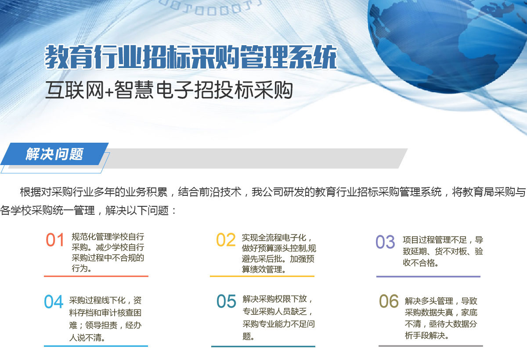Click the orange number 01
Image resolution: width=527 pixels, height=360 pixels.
(x=55, y=240)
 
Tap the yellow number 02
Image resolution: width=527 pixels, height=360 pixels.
(x=226, y=240)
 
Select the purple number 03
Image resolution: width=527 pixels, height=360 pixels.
(x=385, y=242)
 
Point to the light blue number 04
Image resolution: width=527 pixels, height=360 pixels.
(x=54, y=302)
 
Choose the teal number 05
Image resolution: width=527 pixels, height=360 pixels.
(x=226, y=301)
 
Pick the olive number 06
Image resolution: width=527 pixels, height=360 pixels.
(x=389, y=301)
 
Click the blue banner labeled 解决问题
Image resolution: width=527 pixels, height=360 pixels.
(x=54, y=154)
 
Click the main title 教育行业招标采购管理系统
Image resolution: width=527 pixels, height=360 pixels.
(x=191, y=57)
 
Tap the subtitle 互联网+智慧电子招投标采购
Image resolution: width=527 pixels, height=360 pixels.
(x=169, y=90)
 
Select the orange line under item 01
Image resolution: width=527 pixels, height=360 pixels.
(x=96, y=276)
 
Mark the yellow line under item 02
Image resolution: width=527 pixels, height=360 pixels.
(x=262, y=276)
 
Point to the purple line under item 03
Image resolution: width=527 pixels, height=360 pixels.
(x=428, y=277)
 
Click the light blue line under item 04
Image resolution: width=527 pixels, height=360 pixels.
(x=96, y=346)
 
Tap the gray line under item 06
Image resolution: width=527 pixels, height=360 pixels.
(x=430, y=346)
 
